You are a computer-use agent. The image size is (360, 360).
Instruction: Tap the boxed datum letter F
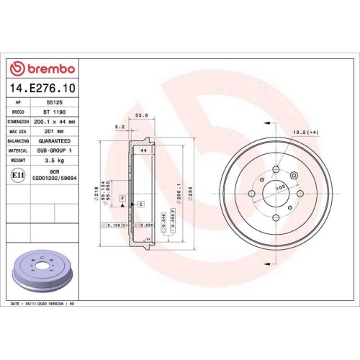tap(123, 197)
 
